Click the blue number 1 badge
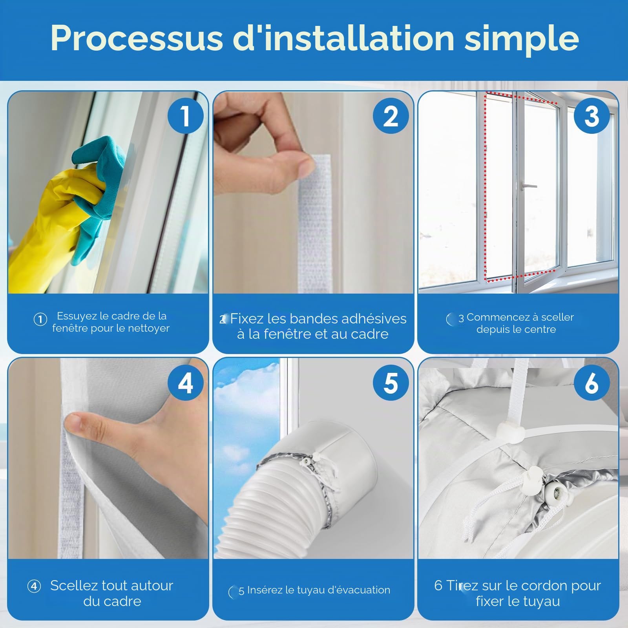[185, 116]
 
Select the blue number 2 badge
[391, 116]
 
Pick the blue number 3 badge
[591, 116]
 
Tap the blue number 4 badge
[185, 383]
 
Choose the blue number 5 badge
[391, 383]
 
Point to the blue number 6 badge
[591, 383]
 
